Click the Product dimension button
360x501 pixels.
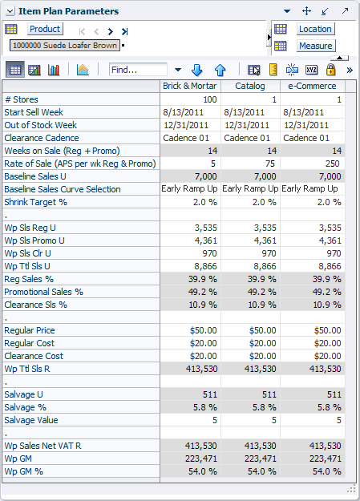(x=45, y=29)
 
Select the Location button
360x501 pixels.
(x=315, y=29)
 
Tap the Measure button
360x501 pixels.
(x=316, y=46)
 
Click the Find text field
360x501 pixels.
(x=138, y=69)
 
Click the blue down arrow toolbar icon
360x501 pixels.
(x=196, y=70)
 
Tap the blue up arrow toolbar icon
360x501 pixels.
(x=220, y=70)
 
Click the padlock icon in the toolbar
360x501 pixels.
(x=330, y=69)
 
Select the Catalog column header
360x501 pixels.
(x=250, y=86)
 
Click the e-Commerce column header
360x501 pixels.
(x=312, y=86)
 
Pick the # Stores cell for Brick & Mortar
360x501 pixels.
(x=191, y=99)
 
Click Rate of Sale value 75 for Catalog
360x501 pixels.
(x=251, y=164)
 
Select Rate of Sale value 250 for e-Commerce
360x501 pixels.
(x=313, y=164)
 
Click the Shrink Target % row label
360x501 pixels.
(x=36, y=202)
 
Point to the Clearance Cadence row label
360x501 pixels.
(x=42, y=138)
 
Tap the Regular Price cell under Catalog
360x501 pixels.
(x=251, y=330)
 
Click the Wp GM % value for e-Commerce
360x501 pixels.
(x=313, y=471)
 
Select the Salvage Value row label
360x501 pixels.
(x=31, y=420)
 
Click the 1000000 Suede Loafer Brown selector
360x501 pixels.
(x=65, y=46)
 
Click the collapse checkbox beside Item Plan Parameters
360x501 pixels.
(x=10, y=11)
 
